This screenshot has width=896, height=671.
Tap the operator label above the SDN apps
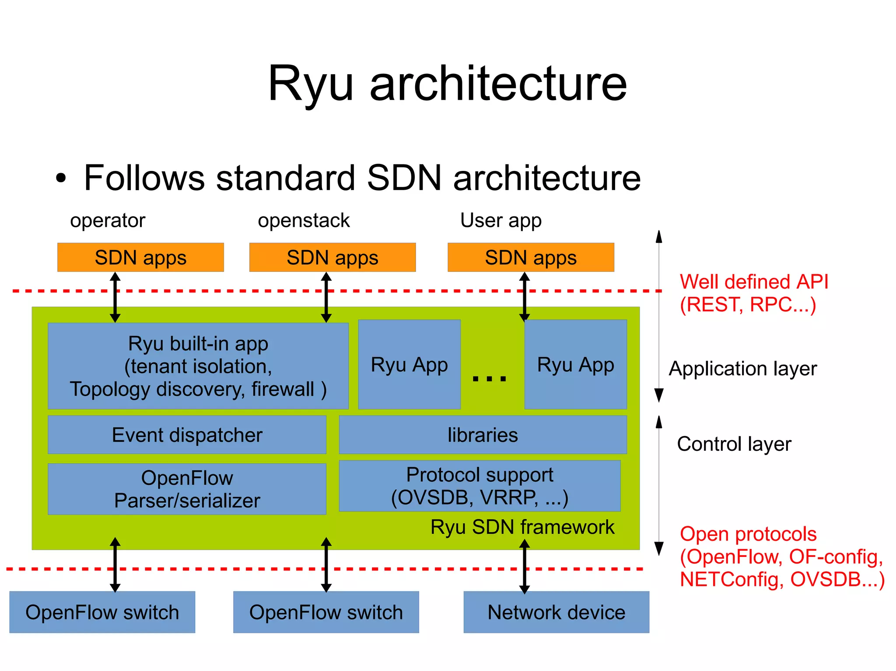click(x=108, y=220)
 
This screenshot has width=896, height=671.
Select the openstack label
click(x=304, y=220)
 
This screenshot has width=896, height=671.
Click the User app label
click(x=500, y=220)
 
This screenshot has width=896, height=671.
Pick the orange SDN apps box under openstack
click(x=332, y=257)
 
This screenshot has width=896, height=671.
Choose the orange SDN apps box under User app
click(x=531, y=257)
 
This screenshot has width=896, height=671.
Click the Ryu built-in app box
click(x=198, y=366)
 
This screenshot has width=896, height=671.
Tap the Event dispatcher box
click(x=187, y=435)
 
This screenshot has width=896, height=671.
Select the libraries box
click(x=483, y=435)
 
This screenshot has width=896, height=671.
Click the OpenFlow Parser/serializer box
click(x=187, y=489)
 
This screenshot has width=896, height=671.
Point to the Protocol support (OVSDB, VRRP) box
click(x=479, y=486)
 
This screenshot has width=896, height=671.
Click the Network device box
click(x=556, y=612)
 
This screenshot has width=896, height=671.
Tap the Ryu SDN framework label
click(x=522, y=527)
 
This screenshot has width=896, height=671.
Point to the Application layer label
click(x=742, y=369)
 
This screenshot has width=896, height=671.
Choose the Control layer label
click(x=734, y=444)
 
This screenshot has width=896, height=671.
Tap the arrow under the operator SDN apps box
click(x=115, y=297)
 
